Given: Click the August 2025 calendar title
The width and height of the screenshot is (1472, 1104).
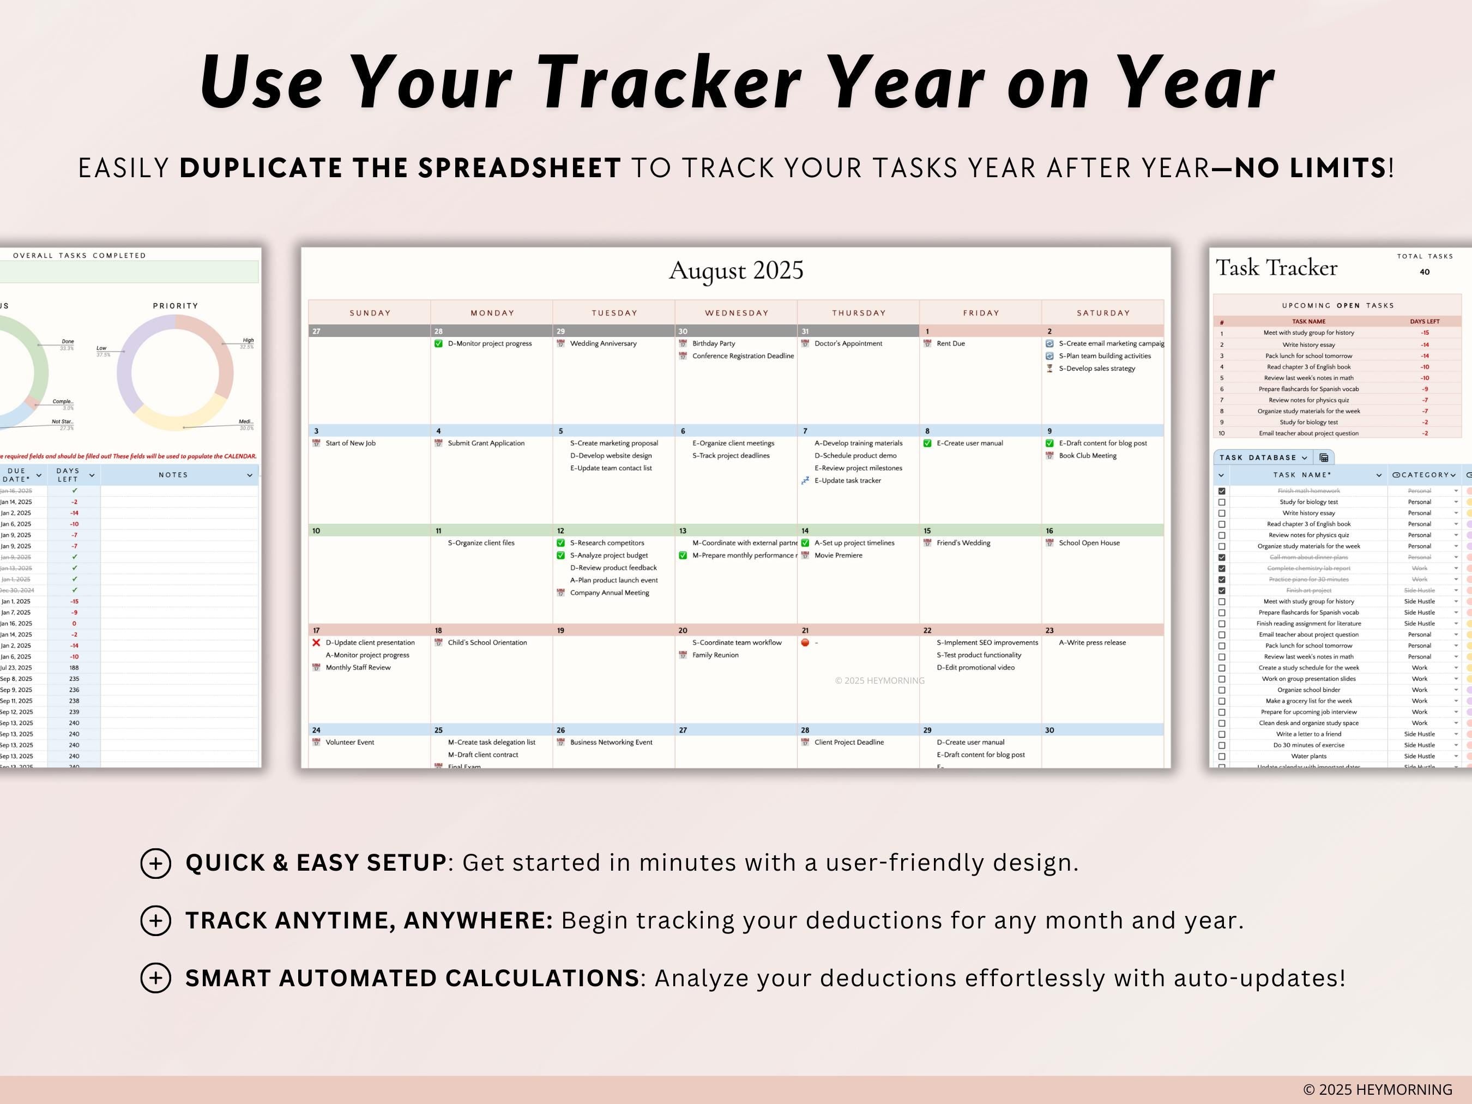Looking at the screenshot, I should pos(736,270).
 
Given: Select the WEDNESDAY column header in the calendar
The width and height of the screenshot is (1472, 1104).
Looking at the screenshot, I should pos(737,313).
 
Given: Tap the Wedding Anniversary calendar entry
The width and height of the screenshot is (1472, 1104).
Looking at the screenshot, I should pos(603,343).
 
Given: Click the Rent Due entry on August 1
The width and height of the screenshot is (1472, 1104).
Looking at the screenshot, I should pos(950,343).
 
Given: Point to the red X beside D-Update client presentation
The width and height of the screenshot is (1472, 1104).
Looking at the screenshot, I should pos(316,643).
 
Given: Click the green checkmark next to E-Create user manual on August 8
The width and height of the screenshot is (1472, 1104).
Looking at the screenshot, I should pos(927,443).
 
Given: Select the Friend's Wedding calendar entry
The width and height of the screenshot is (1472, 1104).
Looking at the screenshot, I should pos(963,543).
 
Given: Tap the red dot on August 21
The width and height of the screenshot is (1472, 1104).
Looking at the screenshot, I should pos(805,643).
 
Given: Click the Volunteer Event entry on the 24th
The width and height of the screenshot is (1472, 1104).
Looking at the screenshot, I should pos(349,742).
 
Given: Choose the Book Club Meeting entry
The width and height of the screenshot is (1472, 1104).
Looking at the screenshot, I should pos(1087,456).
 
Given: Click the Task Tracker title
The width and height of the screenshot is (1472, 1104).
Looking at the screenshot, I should pos(1276,268).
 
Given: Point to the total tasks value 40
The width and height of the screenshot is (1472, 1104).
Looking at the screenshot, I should pos(1424,272).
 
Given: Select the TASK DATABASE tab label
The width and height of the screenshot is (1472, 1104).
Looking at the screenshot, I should pos(1258,458).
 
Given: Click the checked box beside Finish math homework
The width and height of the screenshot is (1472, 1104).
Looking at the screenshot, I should pos(1222,491).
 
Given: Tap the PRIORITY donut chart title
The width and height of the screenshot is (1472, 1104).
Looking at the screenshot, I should pos(176,306).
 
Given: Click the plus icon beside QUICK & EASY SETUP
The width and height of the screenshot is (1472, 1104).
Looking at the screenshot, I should pos(156,863).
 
